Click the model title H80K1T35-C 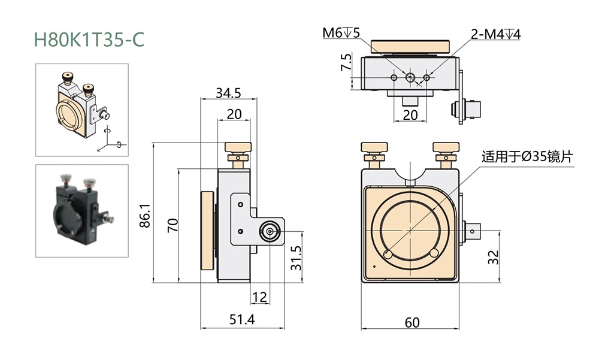pos(89,40)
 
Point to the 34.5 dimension pos(228,93)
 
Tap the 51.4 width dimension pos(243,320)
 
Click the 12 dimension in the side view pos(259,297)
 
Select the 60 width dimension pos(412,322)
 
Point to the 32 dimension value pos(493,258)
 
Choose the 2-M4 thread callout pos(495,34)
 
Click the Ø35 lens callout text pos(528,158)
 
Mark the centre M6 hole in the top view pos(410,77)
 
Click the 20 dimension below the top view pos(410,114)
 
